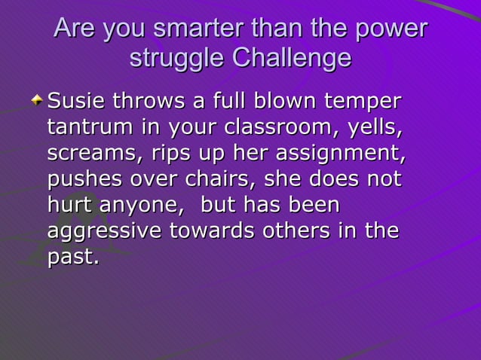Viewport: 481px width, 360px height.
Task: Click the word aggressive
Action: tap(104, 232)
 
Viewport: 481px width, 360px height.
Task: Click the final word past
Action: tap(72, 258)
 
